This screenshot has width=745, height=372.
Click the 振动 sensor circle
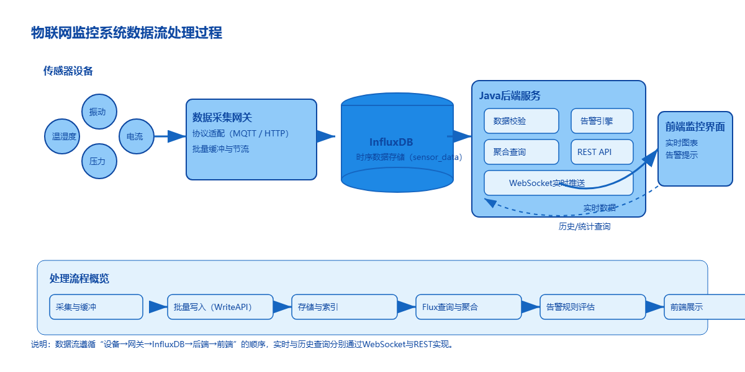point(97,112)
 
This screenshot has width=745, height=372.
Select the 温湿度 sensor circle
point(64,136)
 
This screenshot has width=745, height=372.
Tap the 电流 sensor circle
point(135,136)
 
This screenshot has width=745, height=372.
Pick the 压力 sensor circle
point(97,161)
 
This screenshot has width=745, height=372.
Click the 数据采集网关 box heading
point(222,117)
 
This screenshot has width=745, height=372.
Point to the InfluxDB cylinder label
point(391,142)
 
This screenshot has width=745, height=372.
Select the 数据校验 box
point(521,121)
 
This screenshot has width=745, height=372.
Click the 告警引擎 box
point(602,121)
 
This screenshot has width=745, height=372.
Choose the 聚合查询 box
point(521,152)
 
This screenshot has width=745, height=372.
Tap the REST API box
point(602,152)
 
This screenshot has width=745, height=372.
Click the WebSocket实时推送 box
point(558,183)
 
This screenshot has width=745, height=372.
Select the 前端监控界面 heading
point(695,127)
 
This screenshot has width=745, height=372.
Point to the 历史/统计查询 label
point(584,227)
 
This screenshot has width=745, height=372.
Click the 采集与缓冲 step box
point(96,307)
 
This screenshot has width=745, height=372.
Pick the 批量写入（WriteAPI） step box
point(220,307)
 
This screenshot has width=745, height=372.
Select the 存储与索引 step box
point(345,307)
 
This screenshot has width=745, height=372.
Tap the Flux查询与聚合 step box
point(469,307)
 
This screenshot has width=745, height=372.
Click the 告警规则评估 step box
point(593,307)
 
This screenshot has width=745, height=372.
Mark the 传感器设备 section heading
point(68,71)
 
